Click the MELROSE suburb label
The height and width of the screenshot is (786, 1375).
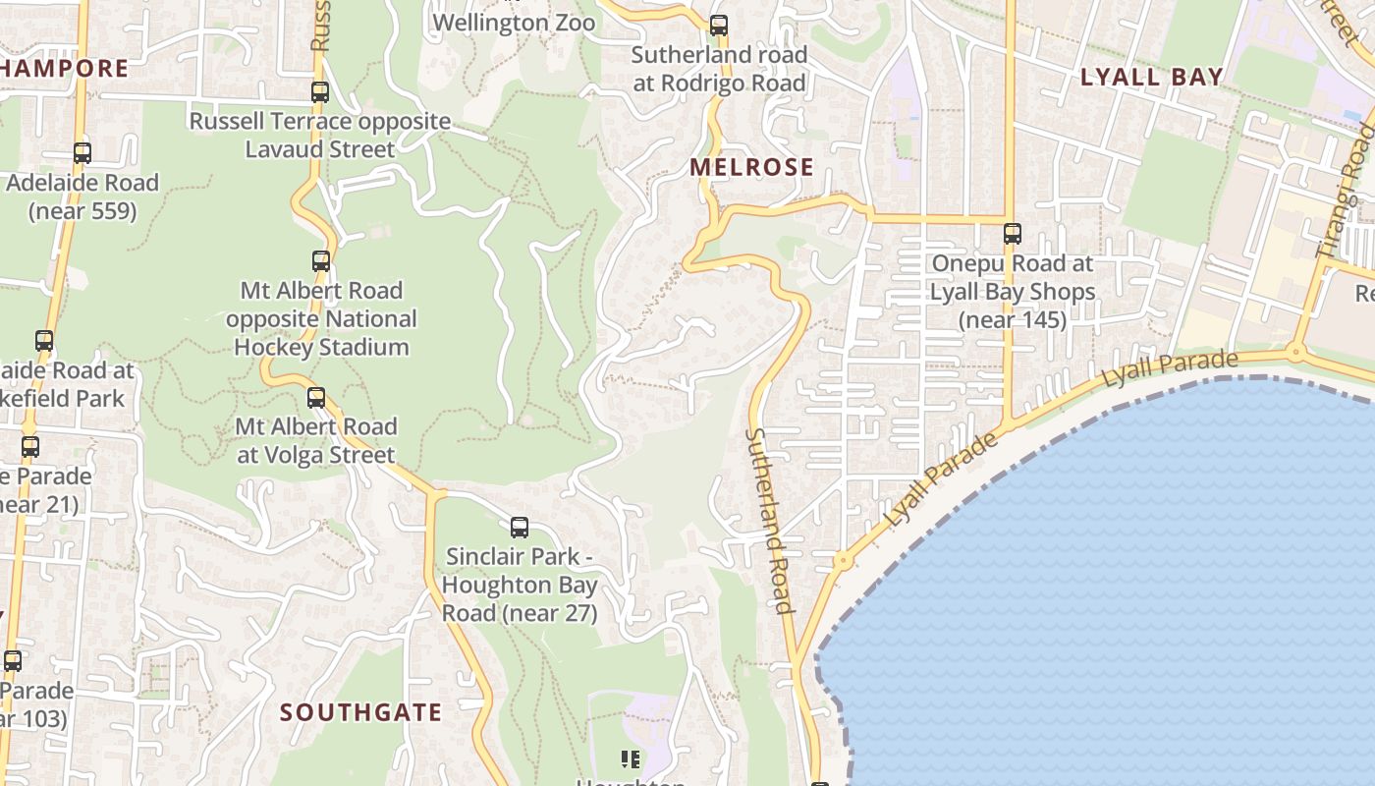tap(751, 167)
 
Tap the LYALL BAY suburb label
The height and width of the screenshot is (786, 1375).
tap(1152, 78)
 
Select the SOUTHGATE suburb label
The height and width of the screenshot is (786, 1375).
tap(360, 712)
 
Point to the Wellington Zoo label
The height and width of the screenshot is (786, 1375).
tap(514, 23)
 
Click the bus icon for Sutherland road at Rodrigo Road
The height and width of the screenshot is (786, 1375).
tap(719, 26)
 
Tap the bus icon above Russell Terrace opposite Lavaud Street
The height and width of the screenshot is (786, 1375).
tap(320, 92)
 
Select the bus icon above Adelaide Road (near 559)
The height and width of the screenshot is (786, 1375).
tap(82, 153)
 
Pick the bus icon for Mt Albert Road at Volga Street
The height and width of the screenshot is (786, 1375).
tap(316, 398)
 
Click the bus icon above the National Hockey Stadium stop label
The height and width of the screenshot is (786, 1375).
tap(321, 261)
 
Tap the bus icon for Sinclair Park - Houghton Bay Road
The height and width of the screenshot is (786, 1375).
tap(520, 528)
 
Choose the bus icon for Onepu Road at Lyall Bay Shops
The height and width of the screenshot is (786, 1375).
tap(1013, 234)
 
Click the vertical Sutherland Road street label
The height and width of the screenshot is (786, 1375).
tap(769, 520)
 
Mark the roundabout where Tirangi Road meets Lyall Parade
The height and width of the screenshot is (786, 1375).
tap(1296, 351)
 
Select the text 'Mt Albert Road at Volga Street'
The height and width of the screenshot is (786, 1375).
tap(316, 441)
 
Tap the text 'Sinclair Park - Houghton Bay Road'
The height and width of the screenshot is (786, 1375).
tap(520, 585)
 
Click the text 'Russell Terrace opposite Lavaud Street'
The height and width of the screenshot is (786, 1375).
tap(320, 136)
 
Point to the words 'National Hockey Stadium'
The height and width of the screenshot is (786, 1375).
tap(321, 333)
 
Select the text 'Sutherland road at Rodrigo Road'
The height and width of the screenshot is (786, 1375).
tap(719, 69)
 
